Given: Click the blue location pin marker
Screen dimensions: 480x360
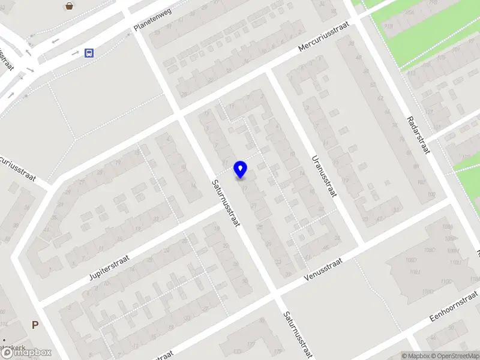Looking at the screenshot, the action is pyautogui.click(x=241, y=169).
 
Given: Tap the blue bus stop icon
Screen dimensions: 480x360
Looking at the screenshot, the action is pyautogui.click(x=89, y=53).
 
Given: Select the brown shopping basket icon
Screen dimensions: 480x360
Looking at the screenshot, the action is pyautogui.click(x=70, y=7).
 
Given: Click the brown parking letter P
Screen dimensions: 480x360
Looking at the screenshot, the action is pyautogui.click(x=35, y=325).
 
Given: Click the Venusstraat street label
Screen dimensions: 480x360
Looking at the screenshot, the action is pyautogui.click(x=322, y=269).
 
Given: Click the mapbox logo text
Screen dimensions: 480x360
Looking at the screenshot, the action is pyautogui.click(x=34, y=353).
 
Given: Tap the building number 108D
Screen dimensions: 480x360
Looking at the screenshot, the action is pyautogui.click(x=394, y=260).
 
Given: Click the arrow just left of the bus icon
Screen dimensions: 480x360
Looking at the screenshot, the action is pyautogui.click(x=75, y=53).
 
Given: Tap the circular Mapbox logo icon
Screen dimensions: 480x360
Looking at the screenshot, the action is pyautogui.click(x=8, y=353).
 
